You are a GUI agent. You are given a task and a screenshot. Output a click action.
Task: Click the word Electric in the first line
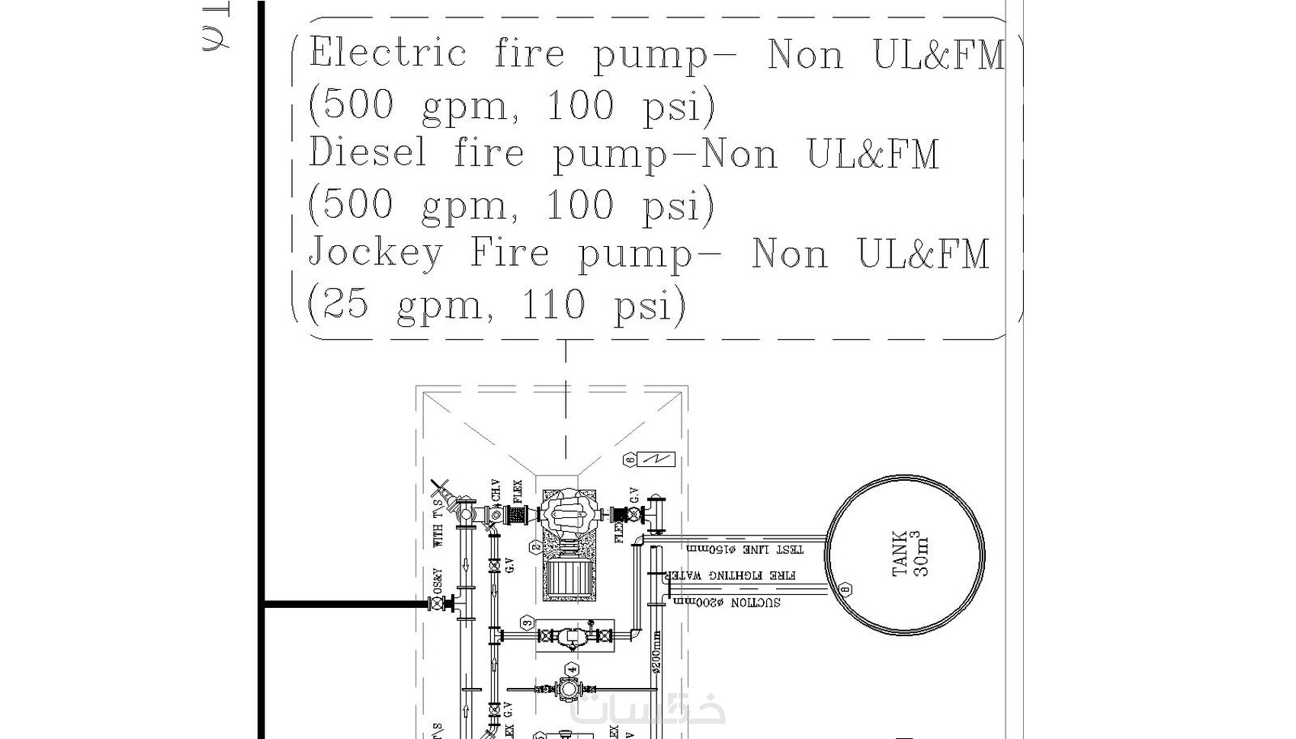pos(387,54)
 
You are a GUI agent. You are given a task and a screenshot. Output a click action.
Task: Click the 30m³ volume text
pos(921,554)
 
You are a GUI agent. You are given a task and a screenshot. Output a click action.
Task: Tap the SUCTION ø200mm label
pos(725,603)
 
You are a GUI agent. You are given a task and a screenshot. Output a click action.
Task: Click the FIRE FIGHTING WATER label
pos(730,576)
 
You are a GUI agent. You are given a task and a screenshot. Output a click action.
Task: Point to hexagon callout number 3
pos(528,623)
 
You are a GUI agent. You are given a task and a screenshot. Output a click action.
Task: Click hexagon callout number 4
pos(572,670)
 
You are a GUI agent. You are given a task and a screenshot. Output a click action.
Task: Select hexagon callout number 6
pos(630,459)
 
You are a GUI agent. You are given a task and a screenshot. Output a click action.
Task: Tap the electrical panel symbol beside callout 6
pos(656,459)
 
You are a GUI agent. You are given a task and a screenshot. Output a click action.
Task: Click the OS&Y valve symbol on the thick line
pos(437,604)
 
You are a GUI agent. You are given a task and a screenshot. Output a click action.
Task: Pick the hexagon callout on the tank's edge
pos(845,589)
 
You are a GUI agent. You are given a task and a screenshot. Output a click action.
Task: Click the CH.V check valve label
pos(496,492)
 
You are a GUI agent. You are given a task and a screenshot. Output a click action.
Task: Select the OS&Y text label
pos(438,579)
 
